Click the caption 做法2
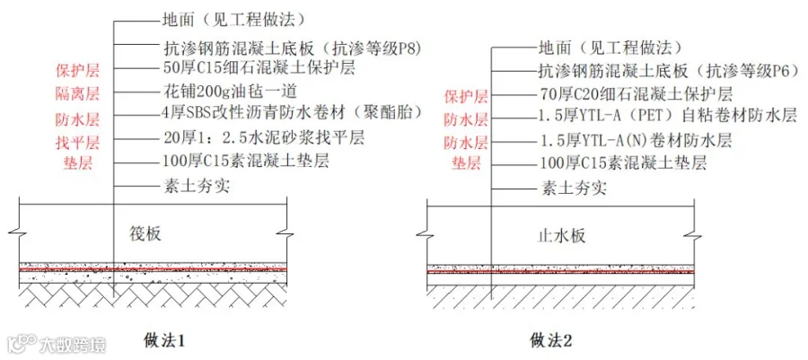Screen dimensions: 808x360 click(550, 340)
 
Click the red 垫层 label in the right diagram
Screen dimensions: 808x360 click(465, 164)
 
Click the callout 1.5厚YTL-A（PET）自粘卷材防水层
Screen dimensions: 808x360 click(668, 117)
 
